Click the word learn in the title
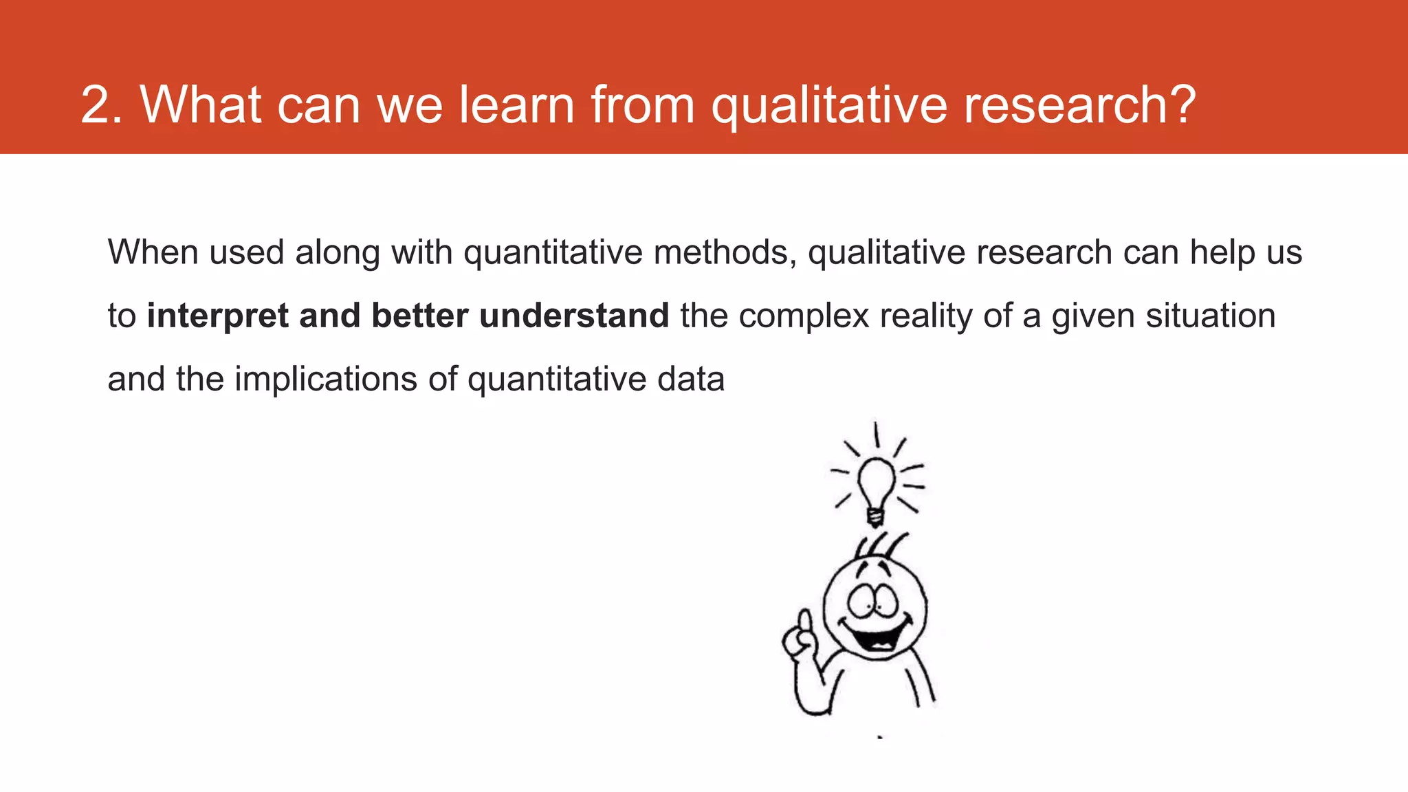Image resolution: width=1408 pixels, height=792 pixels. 516,106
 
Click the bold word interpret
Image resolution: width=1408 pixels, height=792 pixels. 217,316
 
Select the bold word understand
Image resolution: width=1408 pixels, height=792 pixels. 574,316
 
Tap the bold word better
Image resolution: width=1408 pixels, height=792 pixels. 420,316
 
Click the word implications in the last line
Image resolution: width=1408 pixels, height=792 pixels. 326,379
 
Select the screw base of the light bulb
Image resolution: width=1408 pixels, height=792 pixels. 875,516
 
